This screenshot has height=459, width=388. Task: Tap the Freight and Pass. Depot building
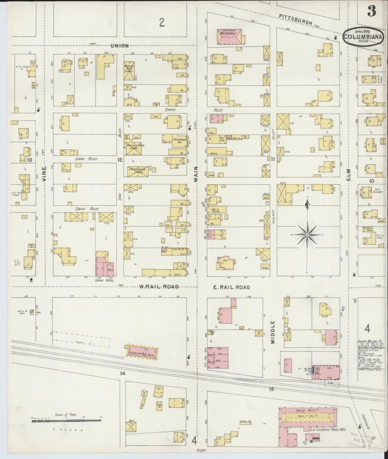142,352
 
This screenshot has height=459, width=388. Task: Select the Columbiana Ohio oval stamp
363,37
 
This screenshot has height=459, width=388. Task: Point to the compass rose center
307,235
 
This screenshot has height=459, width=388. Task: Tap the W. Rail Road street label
159,287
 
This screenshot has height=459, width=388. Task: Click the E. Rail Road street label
231,287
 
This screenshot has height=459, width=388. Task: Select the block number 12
120,160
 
